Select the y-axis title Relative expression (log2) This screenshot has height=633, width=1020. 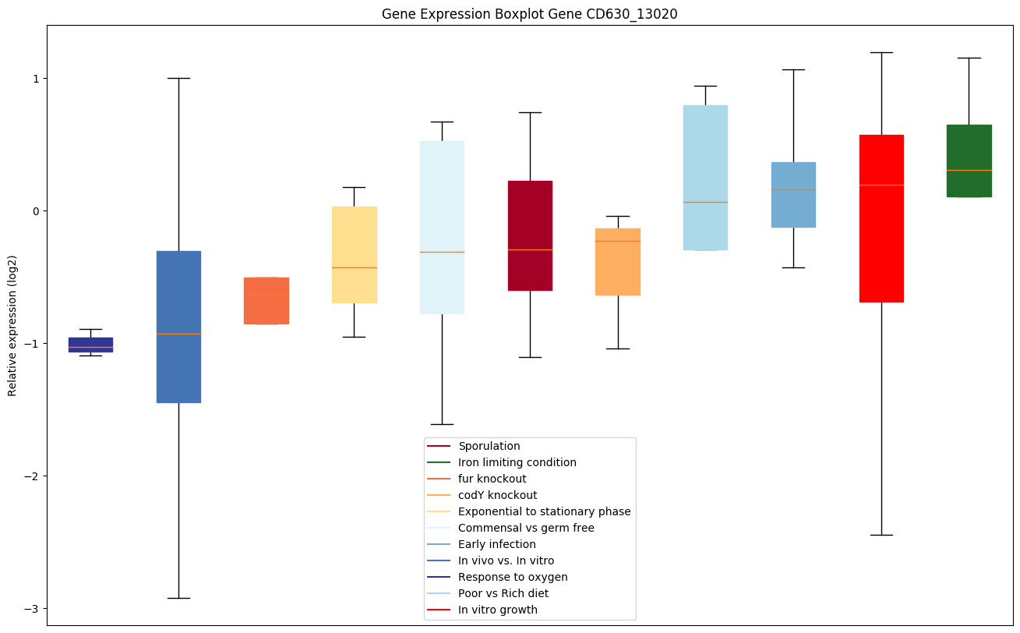12,325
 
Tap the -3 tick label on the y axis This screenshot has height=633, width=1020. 34,609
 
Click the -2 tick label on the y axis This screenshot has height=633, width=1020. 34,476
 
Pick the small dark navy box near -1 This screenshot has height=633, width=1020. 90,345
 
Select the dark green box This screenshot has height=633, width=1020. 969,161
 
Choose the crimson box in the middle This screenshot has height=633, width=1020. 530,235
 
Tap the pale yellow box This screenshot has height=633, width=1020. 355,254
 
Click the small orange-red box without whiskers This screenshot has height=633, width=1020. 266,301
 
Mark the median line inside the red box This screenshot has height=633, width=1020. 881,185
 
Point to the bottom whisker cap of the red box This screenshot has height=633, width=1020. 881,535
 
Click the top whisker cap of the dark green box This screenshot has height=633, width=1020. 969,58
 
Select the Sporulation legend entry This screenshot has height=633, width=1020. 489,446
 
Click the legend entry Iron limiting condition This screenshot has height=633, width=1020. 517,462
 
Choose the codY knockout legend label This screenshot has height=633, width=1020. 497,495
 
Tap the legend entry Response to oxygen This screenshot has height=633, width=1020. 513,577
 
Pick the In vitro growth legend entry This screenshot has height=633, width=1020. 497,610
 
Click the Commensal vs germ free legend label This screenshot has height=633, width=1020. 526,528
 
